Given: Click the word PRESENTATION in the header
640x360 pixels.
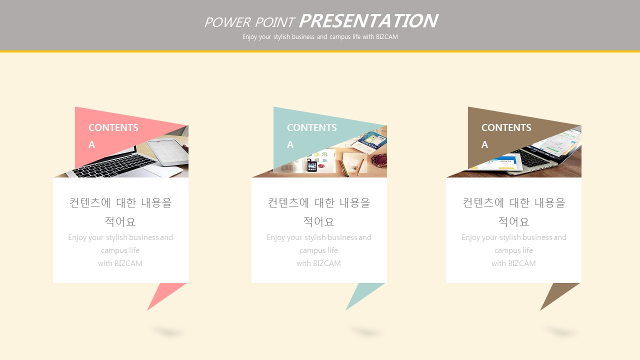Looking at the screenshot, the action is pyautogui.click(x=368, y=21).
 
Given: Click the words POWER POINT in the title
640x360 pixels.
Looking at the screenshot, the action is pyautogui.click(x=249, y=22).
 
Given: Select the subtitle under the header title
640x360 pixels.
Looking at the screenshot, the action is pyautogui.click(x=320, y=37).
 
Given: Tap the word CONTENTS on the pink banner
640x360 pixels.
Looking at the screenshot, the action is pyautogui.click(x=113, y=127).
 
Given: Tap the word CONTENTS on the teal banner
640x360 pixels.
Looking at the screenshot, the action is pyautogui.click(x=311, y=127).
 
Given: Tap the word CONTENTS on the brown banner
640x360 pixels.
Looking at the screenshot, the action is pyautogui.click(x=506, y=127).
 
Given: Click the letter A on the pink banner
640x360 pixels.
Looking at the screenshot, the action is pyautogui.click(x=91, y=144).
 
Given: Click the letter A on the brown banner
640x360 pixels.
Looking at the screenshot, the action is pyautogui.click(x=484, y=144).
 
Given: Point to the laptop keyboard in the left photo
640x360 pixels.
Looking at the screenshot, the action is pyautogui.click(x=114, y=165).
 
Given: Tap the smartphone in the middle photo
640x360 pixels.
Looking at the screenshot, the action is pyautogui.click(x=312, y=165).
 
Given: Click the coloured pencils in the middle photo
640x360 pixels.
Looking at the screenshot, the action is pyautogui.click(x=344, y=168).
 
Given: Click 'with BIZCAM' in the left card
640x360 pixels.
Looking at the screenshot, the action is pyautogui.click(x=120, y=263).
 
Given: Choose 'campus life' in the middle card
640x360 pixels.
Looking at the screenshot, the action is pyautogui.click(x=318, y=250).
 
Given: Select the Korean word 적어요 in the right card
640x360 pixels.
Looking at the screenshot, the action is pyautogui.click(x=513, y=221).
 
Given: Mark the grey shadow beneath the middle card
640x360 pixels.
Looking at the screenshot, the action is pyautogui.click(x=366, y=332).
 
